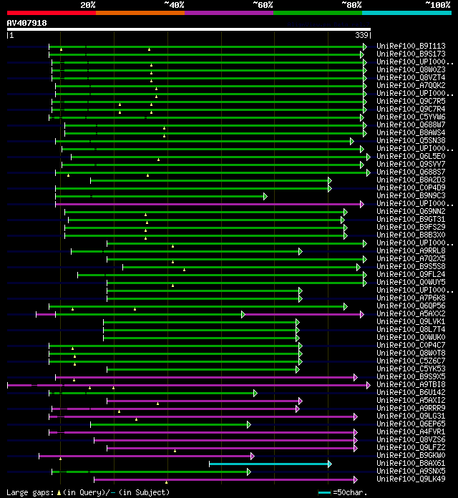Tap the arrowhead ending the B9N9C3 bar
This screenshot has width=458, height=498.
265,195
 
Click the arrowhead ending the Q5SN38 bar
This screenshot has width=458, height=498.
352,141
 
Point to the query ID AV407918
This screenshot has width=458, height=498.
26,23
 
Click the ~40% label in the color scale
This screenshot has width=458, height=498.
174,4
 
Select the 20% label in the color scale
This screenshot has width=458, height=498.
88,4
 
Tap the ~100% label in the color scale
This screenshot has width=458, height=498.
438,4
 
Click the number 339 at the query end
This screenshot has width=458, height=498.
361,35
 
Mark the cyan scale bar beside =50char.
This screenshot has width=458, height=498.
325,492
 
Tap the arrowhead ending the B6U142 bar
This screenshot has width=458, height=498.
255,393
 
